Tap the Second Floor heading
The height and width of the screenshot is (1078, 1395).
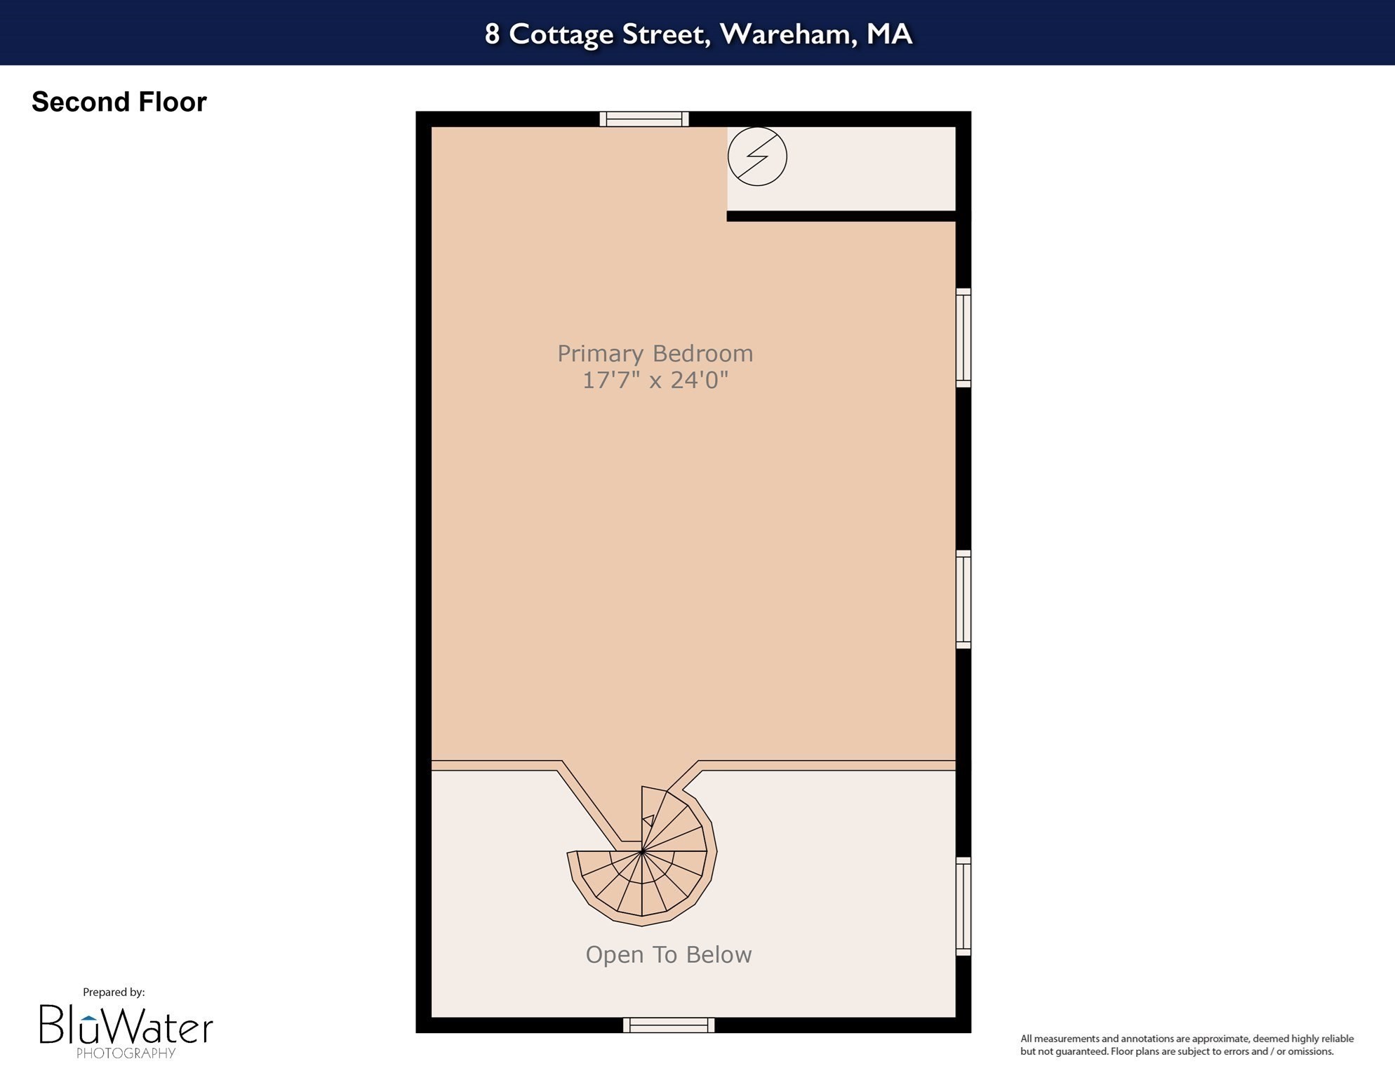click(x=119, y=102)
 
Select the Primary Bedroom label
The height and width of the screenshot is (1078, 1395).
click(x=655, y=353)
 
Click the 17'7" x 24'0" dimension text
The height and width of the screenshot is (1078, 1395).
click(x=655, y=380)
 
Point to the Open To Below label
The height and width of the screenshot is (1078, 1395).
click(x=668, y=954)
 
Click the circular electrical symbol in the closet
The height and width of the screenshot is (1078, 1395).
click(x=756, y=156)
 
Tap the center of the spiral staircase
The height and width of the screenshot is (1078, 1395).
click(x=641, y=852)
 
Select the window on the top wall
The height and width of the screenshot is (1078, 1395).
click(x=643, y=119)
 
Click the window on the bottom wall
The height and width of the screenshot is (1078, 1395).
click(x=668, y=1025)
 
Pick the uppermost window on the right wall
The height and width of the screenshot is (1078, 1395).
click(x=963, y=337)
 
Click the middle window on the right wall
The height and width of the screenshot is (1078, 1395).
click(x=963, y=599)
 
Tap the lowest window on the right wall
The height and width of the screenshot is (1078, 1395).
click(x=963, y=906)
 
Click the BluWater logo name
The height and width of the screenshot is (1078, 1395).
click(x=126, y=1026)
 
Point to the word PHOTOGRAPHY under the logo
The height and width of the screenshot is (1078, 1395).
click(x=126, y=1053)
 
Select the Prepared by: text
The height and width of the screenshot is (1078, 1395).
click(x=114, y=992)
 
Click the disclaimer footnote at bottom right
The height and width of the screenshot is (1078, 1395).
click(x=1186, y=1045)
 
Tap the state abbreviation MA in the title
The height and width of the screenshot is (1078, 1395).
click(x=888, y=34)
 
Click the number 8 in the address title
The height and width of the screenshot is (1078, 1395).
click(x=492, y=34)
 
